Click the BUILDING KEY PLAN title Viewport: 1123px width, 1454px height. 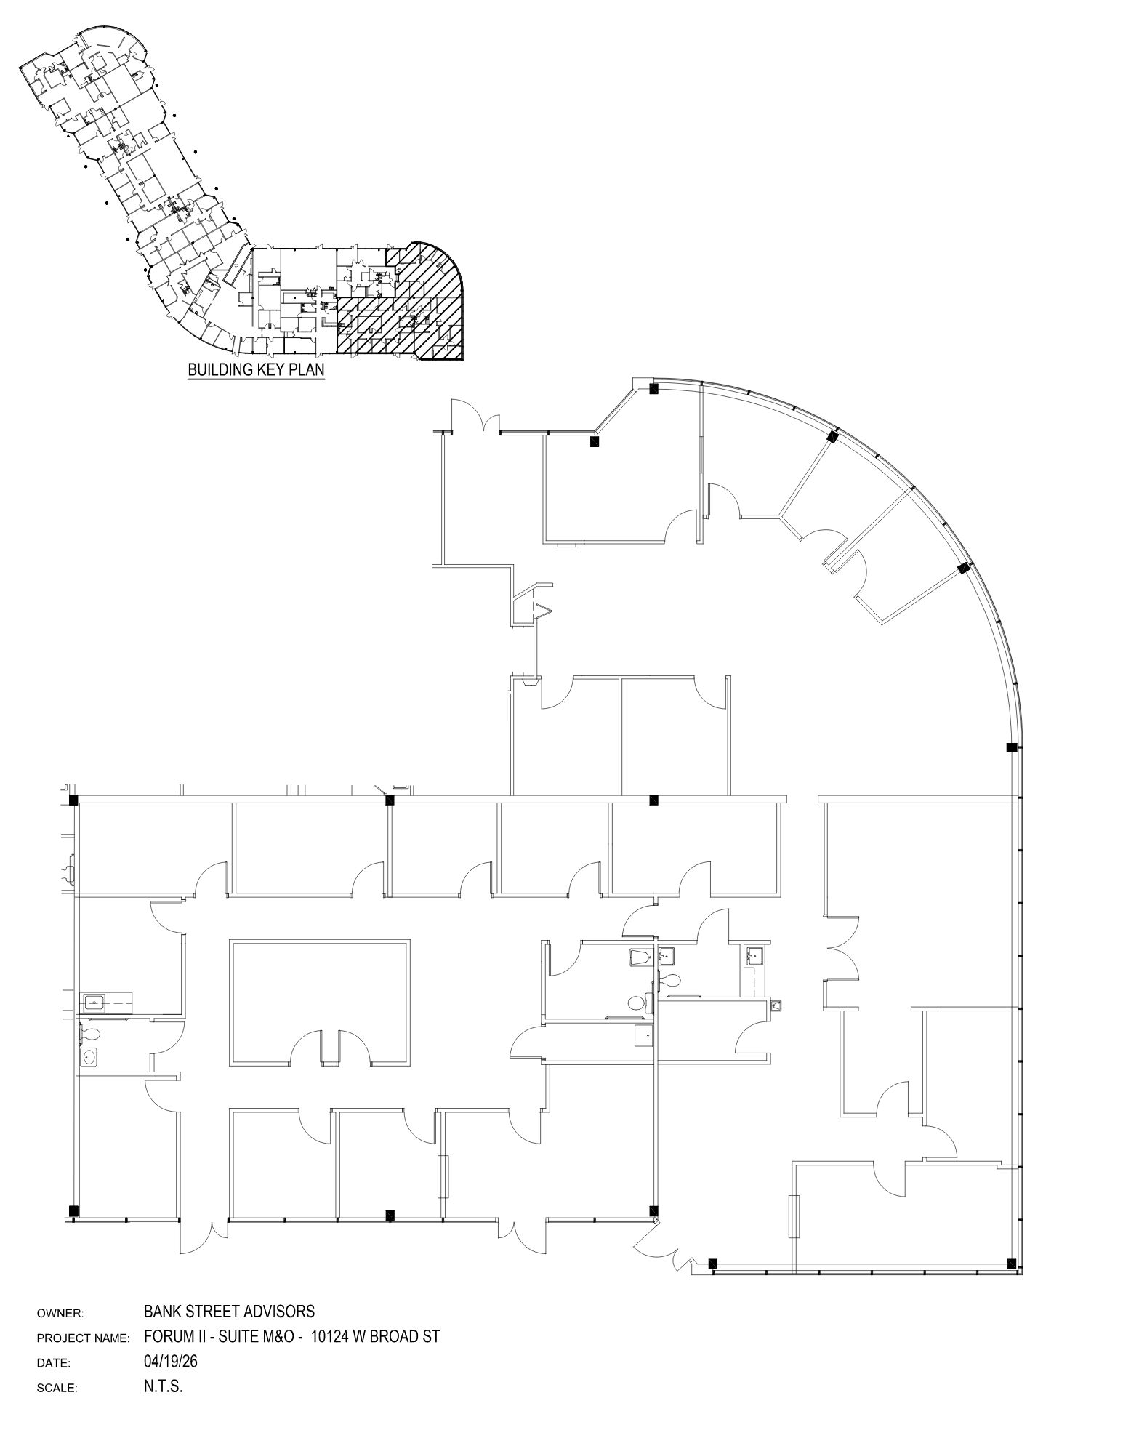[x=256, y=369]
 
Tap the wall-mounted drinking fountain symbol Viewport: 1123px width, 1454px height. [x=776, y=1005]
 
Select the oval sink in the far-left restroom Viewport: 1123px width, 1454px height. [x=90, y=1056]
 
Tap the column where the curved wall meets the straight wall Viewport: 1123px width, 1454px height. [x=1011, y=747]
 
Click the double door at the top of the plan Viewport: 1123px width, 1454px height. [x=476, y=418]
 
